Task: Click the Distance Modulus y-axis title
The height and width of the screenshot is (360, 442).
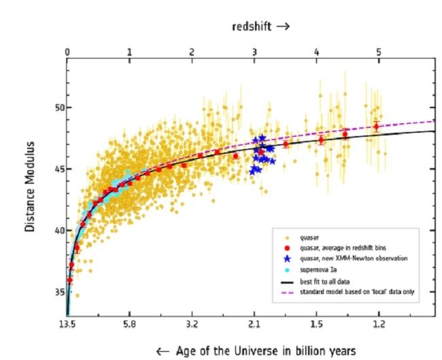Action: pos(31,186)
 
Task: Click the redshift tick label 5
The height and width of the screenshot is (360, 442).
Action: pos(379,52)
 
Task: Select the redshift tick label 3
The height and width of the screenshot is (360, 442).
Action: pos(254,52)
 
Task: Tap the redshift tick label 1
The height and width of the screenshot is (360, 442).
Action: pos(129,52)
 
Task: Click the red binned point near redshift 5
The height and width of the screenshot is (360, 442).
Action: pos(376,127)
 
